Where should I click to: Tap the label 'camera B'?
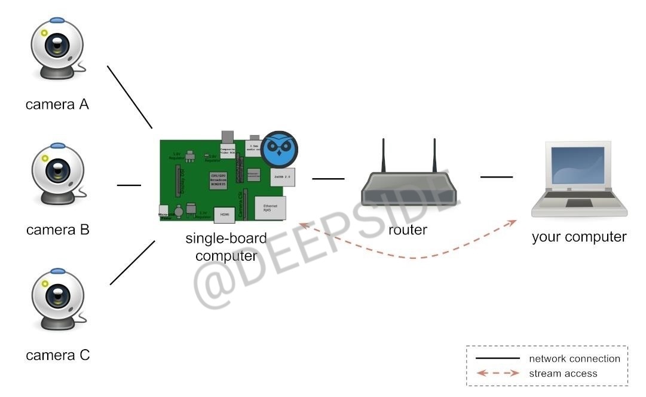[x=57, y=230]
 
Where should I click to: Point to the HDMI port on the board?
[x=225, y=213]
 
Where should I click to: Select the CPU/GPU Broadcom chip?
[x=218, y=180]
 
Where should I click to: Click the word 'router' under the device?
[x=408, y=230]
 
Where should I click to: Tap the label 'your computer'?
[x=578, y=237]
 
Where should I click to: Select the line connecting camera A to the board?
[x=130, y=97]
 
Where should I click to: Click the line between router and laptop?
[x=497, y=177]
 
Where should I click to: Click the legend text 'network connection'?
[x=574, y=359]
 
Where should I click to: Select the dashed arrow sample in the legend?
[x=497, y=374]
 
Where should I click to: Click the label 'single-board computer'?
[x=226, y=247]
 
